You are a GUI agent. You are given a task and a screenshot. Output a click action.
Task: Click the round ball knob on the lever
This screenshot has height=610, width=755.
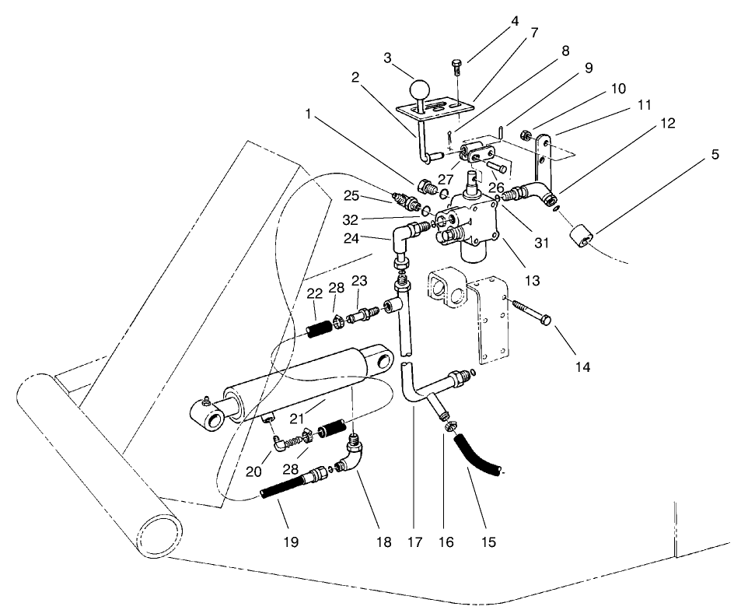coord(421,88)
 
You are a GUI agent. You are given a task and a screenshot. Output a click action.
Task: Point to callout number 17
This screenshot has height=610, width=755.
coord(414,539)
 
